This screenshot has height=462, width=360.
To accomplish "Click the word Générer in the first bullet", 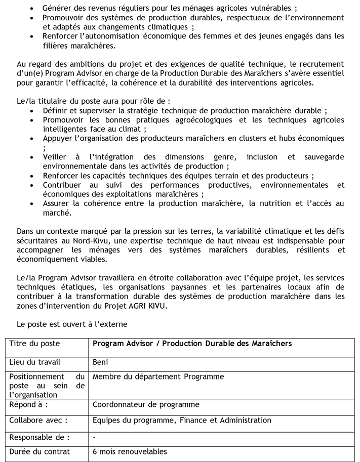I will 58,9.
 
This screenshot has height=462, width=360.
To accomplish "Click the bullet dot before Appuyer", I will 33,139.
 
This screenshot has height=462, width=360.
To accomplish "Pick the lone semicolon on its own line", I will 45,148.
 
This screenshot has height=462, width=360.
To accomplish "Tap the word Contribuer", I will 63,185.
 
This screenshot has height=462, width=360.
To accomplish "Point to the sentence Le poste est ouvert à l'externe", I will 72,323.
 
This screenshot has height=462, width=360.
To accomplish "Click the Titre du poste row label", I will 34,344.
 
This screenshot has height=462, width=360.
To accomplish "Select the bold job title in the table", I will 192,344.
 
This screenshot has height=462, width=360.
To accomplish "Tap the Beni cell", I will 100,362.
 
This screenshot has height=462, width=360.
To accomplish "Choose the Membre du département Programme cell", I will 158,377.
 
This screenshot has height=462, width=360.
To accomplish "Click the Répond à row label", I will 29,404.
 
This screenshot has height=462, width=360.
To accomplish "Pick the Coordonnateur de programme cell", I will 146,404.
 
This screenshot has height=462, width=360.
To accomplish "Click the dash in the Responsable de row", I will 94,437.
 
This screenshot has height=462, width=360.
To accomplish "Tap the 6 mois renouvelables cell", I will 130,452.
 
